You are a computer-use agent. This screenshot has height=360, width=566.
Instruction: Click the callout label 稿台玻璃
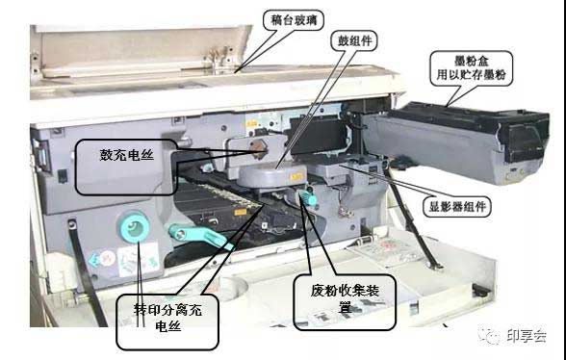293,20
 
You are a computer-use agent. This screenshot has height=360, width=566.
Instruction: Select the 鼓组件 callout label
354,40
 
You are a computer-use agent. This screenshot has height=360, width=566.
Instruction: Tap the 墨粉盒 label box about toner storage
471,68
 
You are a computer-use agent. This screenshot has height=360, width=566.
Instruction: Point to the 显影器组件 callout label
457,207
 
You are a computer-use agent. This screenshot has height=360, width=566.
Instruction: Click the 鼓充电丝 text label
127,155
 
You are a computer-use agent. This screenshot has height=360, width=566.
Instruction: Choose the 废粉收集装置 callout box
345,302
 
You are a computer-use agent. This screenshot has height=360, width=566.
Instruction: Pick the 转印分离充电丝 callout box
167,321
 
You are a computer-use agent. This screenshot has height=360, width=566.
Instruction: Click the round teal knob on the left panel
134,227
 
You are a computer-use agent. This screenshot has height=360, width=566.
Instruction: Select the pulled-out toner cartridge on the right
456,141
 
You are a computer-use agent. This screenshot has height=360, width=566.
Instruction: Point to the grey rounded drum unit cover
272,175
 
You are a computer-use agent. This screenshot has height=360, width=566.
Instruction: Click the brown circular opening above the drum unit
259,149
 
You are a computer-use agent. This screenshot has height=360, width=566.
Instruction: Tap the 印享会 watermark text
527,336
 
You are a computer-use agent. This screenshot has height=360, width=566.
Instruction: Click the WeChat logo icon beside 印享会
490,335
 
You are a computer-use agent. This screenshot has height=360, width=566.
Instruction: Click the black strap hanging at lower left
87,273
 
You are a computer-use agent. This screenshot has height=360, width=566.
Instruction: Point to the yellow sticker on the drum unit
296,177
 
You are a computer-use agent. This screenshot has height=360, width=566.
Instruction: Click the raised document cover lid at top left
141,50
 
